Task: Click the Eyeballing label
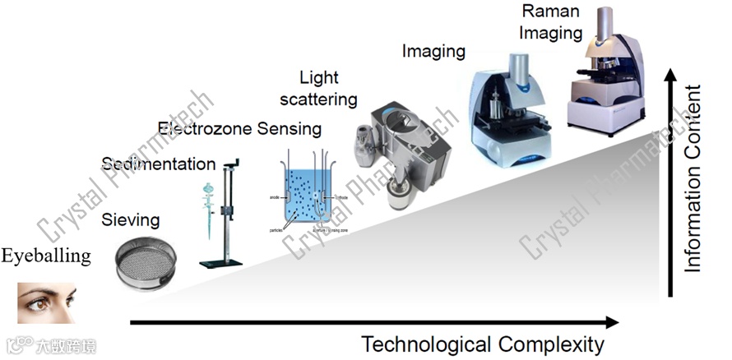tap(45, 256)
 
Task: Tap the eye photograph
tap(47, 302)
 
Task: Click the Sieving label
tap(130, 219)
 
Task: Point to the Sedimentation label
tap(158, 164)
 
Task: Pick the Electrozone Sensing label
tap(239, 128)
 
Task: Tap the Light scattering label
tap(329, 89)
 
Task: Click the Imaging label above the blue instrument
tap(433, 51)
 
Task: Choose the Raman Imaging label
tap(552, 22)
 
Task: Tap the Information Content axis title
tap(694, 177)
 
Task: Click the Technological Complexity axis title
tap(483, 344)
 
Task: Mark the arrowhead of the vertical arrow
tap(672, 76)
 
